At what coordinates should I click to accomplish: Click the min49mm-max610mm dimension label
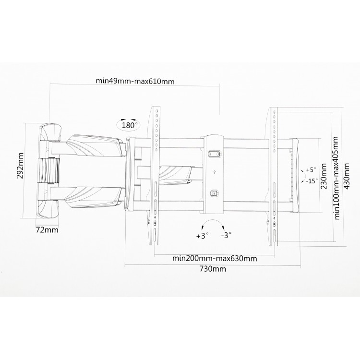coord(135,81)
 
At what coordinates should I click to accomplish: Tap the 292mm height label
coord(20,165)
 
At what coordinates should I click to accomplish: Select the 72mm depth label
coord(47,230)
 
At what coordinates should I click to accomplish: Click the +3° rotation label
coord(203,236)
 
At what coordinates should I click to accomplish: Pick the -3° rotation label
coord(227,235)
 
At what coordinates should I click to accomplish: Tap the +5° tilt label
coord(311,170)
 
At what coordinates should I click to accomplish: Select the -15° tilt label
coord(312,181)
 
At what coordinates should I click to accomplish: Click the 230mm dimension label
coord(324,176)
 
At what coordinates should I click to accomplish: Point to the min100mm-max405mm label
coord(336,178)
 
